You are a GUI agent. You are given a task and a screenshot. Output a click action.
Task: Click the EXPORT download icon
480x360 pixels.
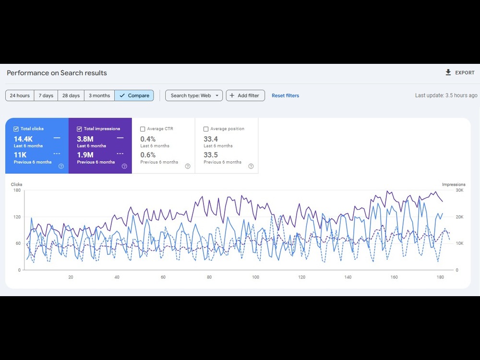point(448,72)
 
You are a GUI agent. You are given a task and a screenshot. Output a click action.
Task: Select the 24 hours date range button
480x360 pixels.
point(20,96)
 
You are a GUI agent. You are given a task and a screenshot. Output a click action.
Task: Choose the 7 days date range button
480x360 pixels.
point(46,96)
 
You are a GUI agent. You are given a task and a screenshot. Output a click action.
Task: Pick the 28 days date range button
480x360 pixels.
point(71,96)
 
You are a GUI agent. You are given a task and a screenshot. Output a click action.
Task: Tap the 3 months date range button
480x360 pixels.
point(99,96)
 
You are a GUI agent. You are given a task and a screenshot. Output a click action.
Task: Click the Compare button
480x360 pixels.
point(134,96)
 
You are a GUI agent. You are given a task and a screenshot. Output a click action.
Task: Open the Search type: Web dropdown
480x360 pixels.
point(194,96)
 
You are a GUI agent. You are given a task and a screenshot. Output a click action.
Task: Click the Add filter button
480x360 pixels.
point(245,96)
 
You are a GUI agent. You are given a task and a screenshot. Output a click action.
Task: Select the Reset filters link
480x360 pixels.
point(285,96)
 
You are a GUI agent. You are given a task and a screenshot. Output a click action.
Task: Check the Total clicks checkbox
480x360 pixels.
point(16,129)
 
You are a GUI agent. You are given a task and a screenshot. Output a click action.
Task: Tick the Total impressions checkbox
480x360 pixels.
point(79,129)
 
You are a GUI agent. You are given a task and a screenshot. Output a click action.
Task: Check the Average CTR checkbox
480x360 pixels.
point(143,129)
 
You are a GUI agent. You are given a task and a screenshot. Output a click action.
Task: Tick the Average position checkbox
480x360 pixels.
point(206,129)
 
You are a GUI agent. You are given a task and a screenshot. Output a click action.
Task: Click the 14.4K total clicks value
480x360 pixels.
point(23,139)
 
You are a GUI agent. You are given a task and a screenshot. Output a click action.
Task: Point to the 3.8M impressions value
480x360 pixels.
point(85,139)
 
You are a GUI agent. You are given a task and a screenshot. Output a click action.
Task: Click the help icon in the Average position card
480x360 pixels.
point(251,166)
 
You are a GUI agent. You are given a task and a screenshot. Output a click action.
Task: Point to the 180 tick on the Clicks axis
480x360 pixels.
point(17,190)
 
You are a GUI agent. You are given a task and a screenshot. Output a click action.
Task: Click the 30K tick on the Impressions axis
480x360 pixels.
point(459,190)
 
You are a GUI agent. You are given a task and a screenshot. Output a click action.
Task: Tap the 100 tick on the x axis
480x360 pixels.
point(256,277)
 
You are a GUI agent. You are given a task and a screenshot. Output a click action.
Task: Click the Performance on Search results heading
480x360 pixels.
point(57,73)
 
